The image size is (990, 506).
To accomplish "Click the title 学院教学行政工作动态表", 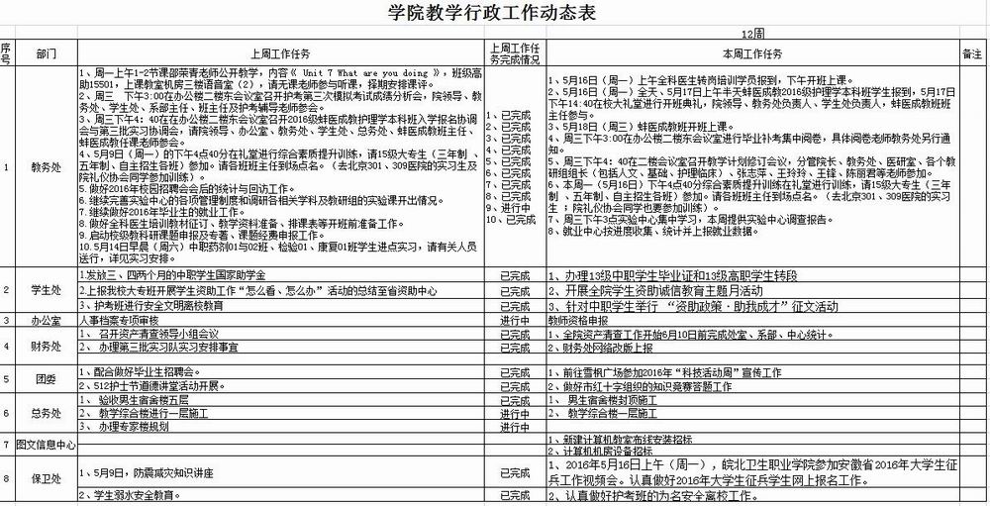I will click(x=495, y=13).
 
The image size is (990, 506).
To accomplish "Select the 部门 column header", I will click(x=47, y=53).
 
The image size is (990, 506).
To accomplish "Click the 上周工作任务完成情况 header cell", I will click(x=515, y=53).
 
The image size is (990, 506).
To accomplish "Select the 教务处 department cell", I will click(x=47, y=167).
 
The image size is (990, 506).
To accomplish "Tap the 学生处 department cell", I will click(x=47, y=290).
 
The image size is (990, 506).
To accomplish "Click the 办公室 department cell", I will click(x=47, y=321).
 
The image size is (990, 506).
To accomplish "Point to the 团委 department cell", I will click(x=47, y=378).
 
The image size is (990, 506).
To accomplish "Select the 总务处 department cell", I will click(x=47, y=412).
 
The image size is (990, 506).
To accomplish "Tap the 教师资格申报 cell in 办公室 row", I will click(x=575, y=321).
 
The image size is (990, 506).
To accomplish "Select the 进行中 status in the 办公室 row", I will click(x=515, y=321).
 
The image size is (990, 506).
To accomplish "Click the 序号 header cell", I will click(x=6, y=53).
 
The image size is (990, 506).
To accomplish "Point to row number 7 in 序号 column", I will click(x=6, y=445).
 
